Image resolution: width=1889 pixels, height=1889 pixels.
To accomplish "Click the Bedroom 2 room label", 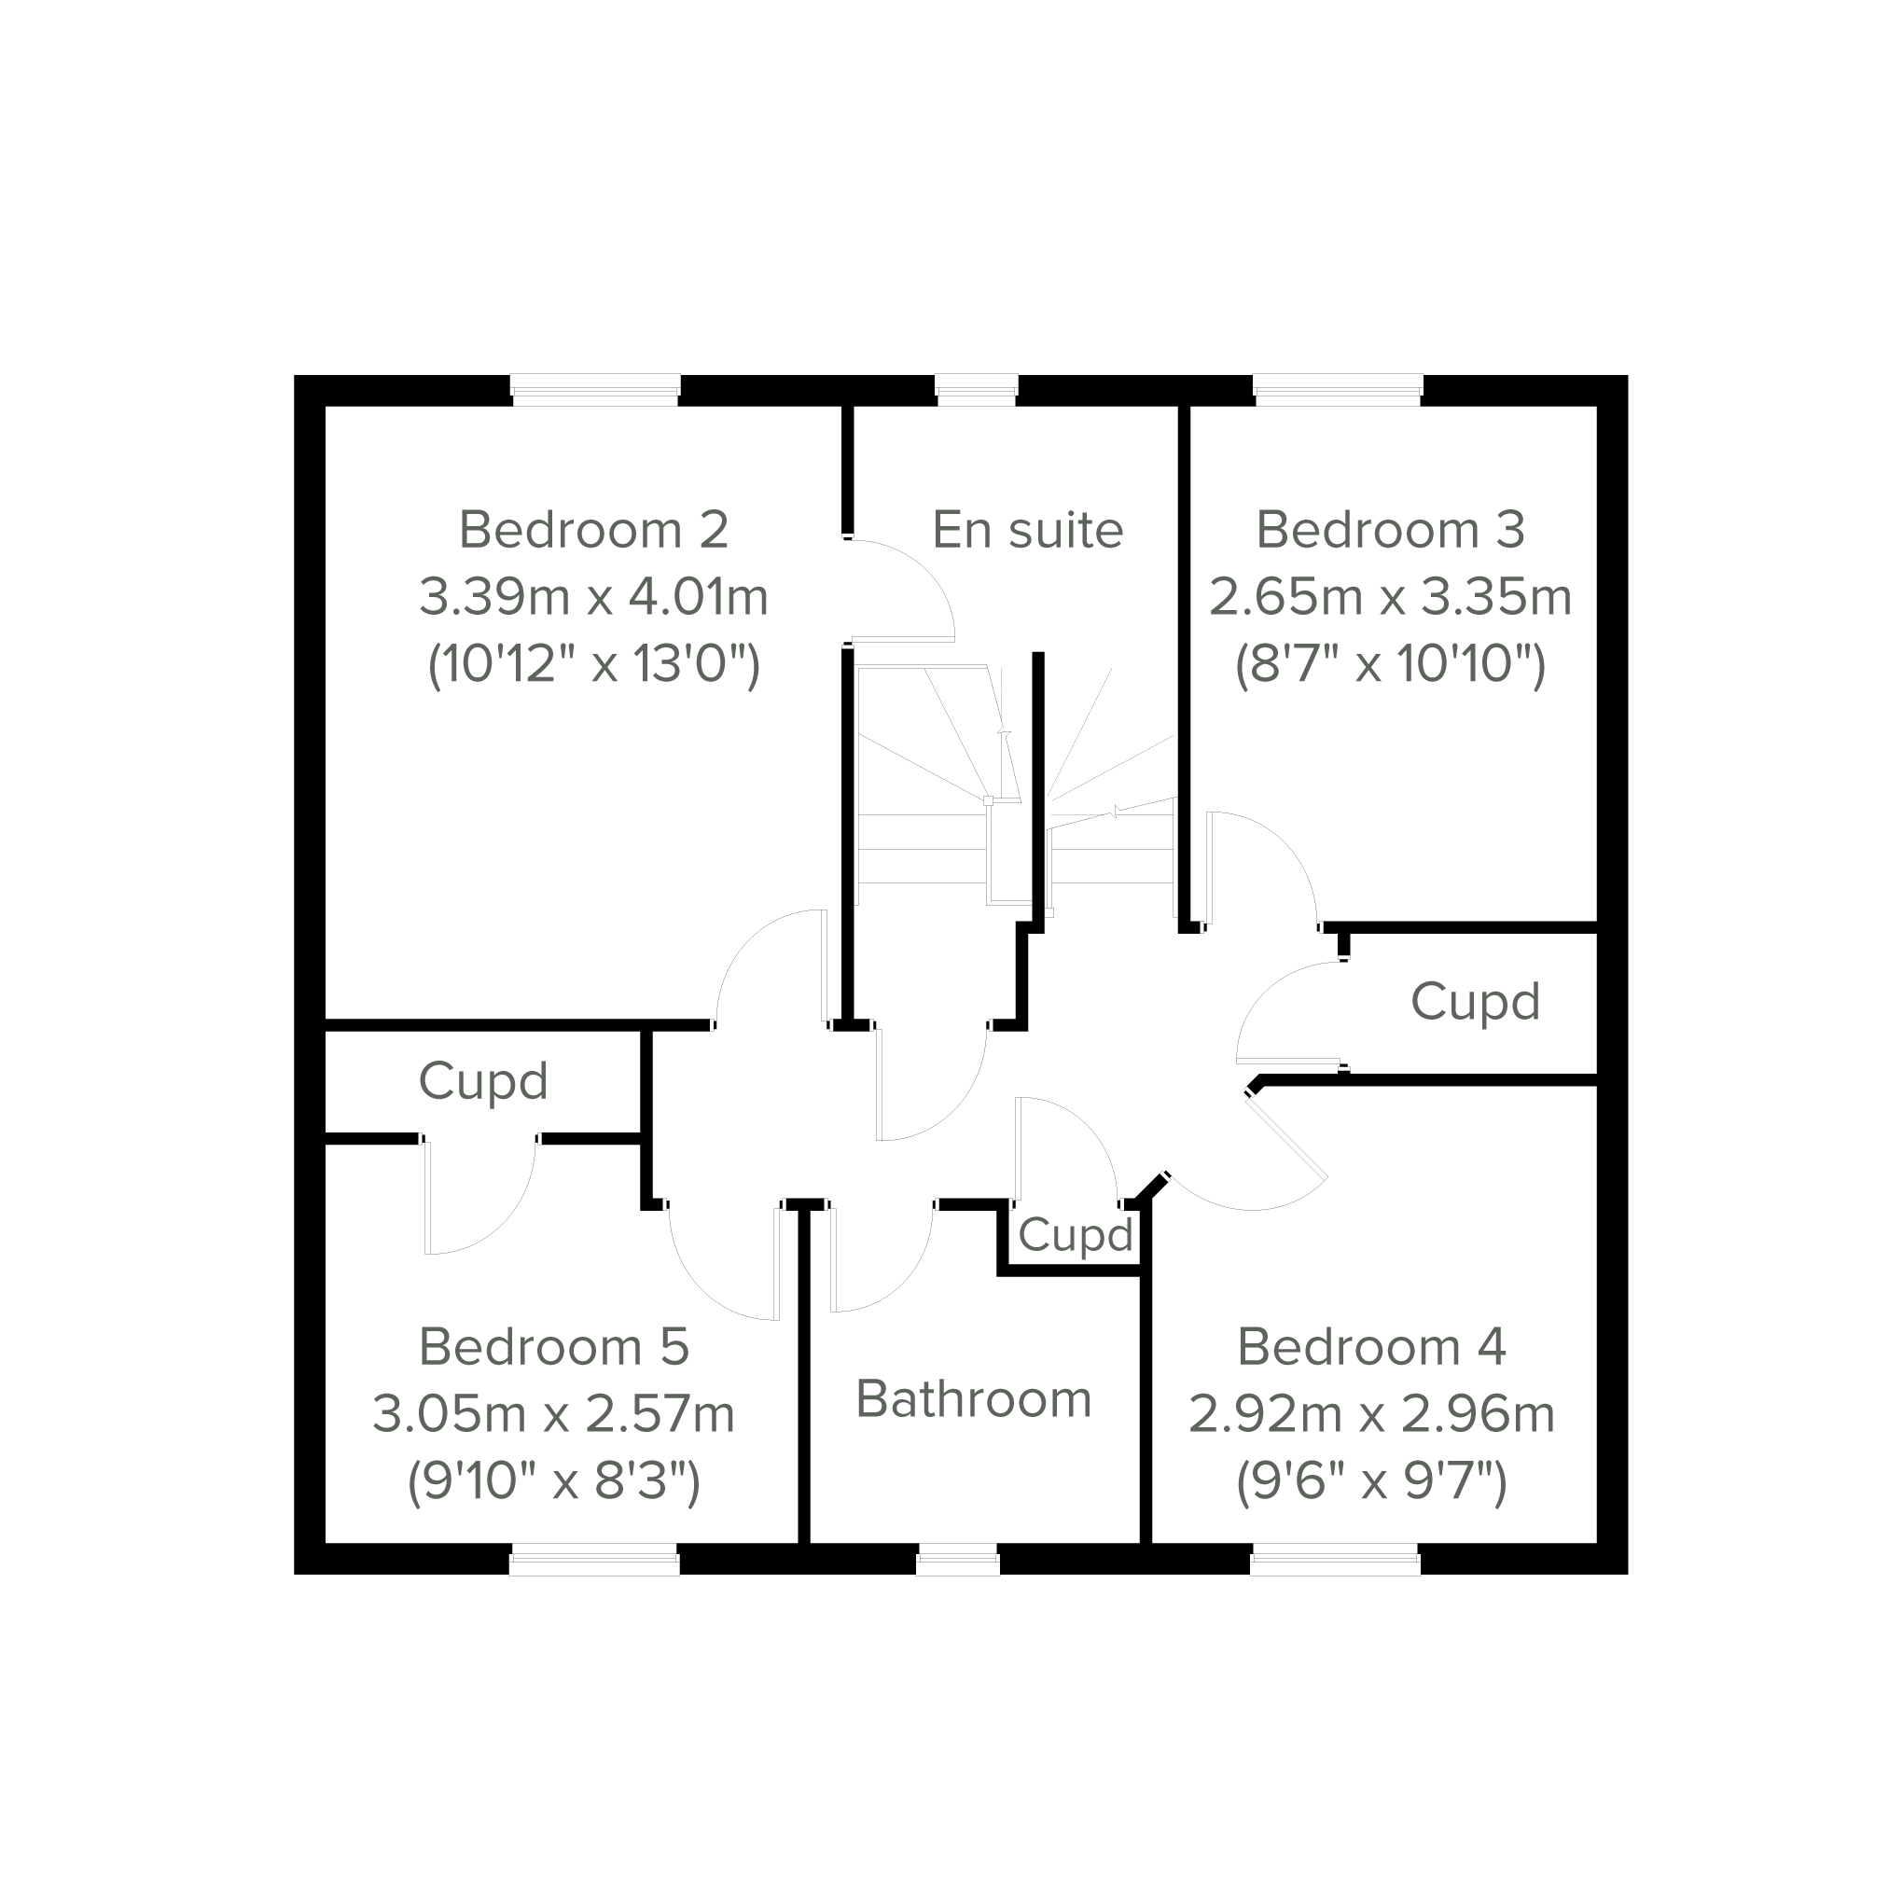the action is click(x=593, y=530).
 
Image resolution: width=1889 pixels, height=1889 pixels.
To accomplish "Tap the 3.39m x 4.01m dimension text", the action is click(x=593, y=596).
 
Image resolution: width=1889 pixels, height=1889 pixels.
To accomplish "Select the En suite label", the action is click(x=1028, y=530).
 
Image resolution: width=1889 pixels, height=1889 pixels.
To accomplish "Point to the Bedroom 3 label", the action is click(x=1389, y=530).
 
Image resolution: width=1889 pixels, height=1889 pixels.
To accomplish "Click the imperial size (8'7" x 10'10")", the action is click(x=1389, y=665).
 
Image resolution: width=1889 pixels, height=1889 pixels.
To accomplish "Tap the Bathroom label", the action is click(x=973, y=1399).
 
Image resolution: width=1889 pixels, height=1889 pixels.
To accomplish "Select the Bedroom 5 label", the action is click(x=554, y=1347).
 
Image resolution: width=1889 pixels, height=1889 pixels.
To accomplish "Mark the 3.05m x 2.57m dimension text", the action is click(x=554, y=1414).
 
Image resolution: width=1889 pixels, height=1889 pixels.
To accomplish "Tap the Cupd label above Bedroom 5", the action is click(x=483, y=1082).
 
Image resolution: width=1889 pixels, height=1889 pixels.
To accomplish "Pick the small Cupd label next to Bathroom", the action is click(x=1076, y=1236).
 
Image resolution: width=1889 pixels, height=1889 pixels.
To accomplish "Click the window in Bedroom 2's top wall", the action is click(x=594, y=390).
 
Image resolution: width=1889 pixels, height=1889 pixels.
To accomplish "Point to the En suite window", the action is click(x=977, y=390).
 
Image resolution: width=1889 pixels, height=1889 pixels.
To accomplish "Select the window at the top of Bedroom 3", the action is click(x=1338, y=390).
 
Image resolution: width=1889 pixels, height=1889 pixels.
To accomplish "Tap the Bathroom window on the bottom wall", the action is click(x=958, y=1560).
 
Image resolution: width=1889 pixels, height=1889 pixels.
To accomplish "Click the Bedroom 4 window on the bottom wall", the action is click(x=1335, y=1560).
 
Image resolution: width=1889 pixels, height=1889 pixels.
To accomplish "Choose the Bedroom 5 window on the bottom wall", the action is click(x=594, y=1560).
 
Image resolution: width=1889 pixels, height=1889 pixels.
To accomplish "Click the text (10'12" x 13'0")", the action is click(x=593, y=665).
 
